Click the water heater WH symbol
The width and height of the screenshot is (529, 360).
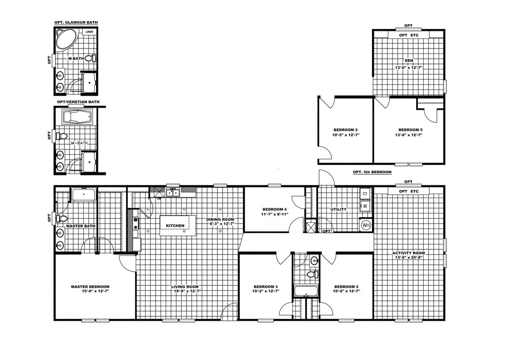366,225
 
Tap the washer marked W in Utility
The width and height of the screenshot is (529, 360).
365,206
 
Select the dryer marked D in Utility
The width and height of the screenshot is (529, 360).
365,194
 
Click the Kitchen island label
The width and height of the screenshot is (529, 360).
175,225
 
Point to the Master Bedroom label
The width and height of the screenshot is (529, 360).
90,286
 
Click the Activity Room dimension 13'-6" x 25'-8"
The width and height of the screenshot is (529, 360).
409,257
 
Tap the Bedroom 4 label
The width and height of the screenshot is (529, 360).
274,209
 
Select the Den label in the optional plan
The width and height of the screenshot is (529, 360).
409,60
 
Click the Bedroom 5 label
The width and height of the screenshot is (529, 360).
410,130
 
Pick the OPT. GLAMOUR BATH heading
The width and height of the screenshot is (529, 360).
76,22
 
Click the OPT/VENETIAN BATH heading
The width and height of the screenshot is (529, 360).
78,102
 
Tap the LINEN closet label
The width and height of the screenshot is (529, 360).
89,32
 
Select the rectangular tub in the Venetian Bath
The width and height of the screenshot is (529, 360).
77,116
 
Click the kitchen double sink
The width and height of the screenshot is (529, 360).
173,193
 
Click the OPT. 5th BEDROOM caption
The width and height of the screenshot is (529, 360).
372,172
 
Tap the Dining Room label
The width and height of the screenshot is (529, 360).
220,219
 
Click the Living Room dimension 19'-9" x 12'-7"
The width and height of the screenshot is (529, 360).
187,291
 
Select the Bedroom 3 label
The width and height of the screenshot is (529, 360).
266,287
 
